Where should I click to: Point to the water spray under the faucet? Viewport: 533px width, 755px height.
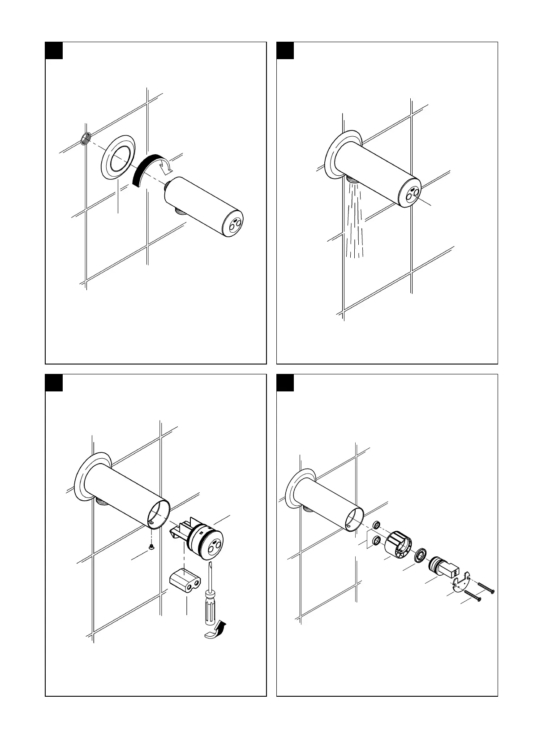coord(354,220)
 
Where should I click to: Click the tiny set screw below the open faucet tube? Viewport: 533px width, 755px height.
coord(151,546)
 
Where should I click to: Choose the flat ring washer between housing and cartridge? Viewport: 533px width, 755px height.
coord(421,555)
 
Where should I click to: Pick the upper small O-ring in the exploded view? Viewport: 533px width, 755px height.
coord(377,525)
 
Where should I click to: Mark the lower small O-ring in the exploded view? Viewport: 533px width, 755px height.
coord(377,541)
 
